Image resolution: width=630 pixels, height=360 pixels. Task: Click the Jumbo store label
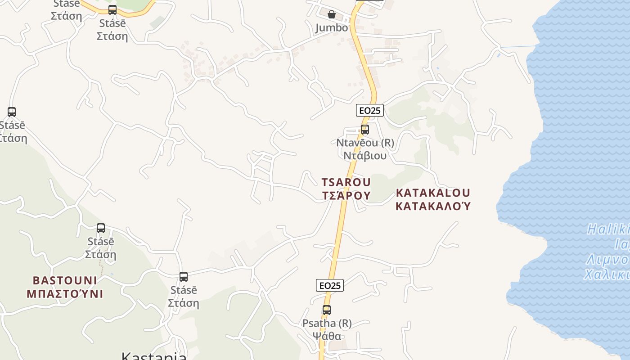click(332, 28)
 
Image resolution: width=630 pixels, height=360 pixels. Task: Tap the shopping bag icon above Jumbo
click(332, 14)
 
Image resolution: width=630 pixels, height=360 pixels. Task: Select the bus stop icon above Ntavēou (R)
click(365, 130)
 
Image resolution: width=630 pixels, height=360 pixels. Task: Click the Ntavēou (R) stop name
click(365, 143)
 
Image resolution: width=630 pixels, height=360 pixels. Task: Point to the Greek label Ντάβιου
click(365, 156)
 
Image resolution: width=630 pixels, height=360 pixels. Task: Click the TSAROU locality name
click(346, 182)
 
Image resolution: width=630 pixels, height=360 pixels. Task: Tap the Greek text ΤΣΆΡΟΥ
click(346, 195)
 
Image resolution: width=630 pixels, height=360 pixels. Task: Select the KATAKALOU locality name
click(433, 193)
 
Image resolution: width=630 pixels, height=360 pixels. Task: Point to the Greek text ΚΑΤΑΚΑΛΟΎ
click(433, 206)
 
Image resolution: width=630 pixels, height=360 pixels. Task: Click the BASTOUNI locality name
click(65, 281)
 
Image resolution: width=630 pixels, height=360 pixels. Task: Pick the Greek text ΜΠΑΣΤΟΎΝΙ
click(65, 294)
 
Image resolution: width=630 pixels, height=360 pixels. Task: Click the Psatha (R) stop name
click(327, 323)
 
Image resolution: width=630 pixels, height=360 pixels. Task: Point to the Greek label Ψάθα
click(327, 336)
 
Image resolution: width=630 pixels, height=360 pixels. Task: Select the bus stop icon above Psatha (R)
click(327, 310)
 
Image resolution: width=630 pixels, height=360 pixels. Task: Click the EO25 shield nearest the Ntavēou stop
click(370, 110)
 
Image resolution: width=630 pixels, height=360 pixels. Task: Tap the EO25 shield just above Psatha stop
click(330, 285)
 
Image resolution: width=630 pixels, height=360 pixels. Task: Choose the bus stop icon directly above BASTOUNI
click(101, 228)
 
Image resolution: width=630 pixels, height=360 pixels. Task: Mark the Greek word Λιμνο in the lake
click(607, 260)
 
